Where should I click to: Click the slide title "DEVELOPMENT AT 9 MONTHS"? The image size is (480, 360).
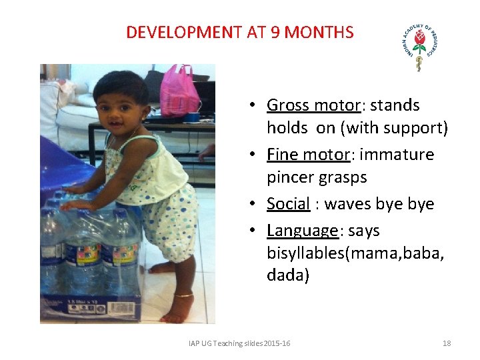click(240, 32)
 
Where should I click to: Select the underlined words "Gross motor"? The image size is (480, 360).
click(313, 105)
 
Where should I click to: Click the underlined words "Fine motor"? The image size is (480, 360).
click(308, 155)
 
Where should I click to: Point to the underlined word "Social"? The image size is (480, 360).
click(289, 204)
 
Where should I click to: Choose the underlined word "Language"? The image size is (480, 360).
click(303, 231)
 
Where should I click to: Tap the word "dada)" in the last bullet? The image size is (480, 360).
click(288, 275)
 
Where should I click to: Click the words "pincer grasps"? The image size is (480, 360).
click(317, 177)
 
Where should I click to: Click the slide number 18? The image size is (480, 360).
click(447, 343)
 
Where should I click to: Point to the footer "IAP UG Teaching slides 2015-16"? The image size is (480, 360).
click(239, 343)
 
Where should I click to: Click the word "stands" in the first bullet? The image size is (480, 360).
click(395, 105)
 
